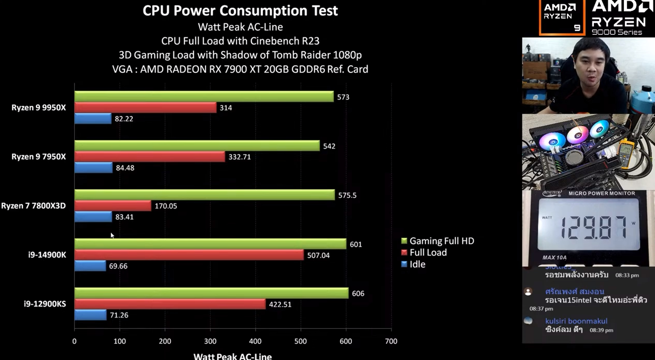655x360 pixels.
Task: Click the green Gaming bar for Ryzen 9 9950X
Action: click(204, 96)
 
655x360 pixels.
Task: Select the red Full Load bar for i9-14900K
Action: click(189, 255)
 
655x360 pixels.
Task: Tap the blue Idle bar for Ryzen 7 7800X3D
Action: click(93, 217)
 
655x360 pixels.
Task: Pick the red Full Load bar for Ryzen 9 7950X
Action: click(150, 157)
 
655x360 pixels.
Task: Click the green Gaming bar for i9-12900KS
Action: click(211, 293)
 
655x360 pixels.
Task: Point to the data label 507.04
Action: click(318, 255)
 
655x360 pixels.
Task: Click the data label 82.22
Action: click(124, 119)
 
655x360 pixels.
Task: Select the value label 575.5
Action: click(347, 195)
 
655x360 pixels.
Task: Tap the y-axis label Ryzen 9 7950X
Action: click(39, 157)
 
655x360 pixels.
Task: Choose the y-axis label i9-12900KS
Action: click(45, 304)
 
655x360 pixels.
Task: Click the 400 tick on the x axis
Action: click(255, 341)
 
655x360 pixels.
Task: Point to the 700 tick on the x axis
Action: click(391, 341)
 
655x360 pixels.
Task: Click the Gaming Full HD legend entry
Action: click(441, 241)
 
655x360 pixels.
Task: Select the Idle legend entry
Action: click(417, 264)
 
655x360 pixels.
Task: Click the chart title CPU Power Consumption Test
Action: click(240, 11)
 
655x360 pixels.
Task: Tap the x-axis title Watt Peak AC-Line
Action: click(232, 356)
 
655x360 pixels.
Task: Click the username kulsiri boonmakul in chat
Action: click(576, 321)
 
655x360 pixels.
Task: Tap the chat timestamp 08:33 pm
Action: click(627, 275)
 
